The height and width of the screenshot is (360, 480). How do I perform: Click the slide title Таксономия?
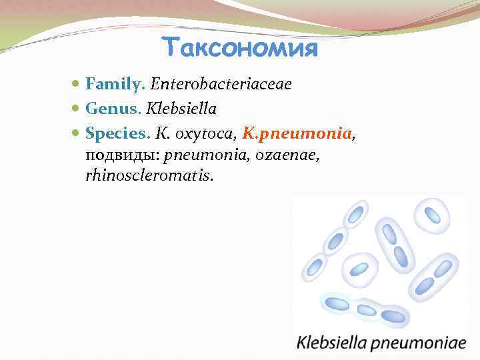coord(240,47)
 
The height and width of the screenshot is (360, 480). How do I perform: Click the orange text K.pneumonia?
coord(297,133)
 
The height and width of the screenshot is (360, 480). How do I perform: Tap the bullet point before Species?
coord(77,134)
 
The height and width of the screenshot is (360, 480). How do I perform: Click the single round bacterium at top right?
coord(432,215)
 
